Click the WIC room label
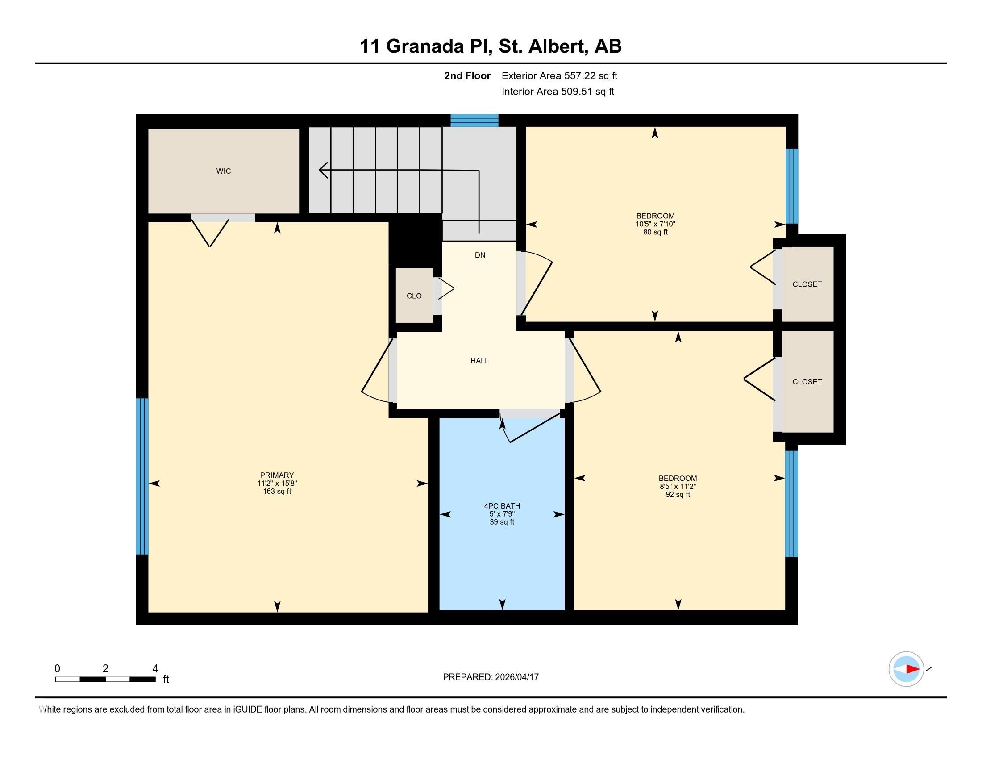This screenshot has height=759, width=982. coord(224,171)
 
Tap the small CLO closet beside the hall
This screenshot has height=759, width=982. coord(414,296)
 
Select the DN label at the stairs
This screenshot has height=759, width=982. coord(480,255)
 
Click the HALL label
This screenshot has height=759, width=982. coord(479,361)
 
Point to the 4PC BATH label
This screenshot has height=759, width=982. coord(502,506)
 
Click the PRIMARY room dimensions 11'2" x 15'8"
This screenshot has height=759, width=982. coord(277,484)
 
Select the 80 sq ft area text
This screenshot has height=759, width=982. coord(655,232)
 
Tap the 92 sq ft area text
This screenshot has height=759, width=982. coord(678,495)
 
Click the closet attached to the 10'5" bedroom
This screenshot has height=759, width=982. coord(807,284)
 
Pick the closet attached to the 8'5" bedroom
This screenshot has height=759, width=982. coord(807,381)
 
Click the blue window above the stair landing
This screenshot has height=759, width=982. coord(474,121)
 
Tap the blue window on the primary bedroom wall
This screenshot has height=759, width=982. coord(142,476)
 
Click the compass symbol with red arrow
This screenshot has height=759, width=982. coord(906,669)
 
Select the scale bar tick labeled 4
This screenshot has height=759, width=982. coord(155,669)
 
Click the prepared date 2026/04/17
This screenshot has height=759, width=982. coord(516,677)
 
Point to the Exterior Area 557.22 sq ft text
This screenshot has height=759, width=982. coord(559,75)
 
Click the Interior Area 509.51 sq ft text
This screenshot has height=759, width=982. coord(558,91)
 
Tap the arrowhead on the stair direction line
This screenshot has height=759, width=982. coord(323,170)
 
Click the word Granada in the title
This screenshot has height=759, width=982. coord(425,46)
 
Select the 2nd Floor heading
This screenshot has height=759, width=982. coord(467,75)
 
